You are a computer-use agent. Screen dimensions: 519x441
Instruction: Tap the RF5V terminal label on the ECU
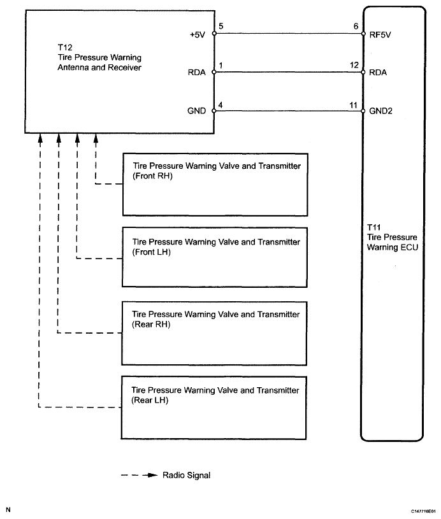tap(380, 35)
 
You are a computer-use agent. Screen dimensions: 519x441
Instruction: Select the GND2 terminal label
tap(381, 110)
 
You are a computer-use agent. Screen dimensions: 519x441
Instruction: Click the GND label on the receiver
tap(198, 110)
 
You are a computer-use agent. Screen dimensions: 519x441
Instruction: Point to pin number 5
tap(220, 27)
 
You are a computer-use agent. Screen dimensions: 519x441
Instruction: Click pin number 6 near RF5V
tap(354, 27)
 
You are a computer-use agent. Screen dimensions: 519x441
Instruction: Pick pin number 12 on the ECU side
tap(354, 64)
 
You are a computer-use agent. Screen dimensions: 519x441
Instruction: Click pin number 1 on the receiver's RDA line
tap(220, 64)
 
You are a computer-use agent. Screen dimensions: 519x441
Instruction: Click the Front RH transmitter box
tap(215, 184)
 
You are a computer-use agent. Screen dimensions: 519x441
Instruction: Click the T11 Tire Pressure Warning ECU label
tap(392, 237)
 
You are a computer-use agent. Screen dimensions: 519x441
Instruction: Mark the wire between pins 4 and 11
tap(287, 110)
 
